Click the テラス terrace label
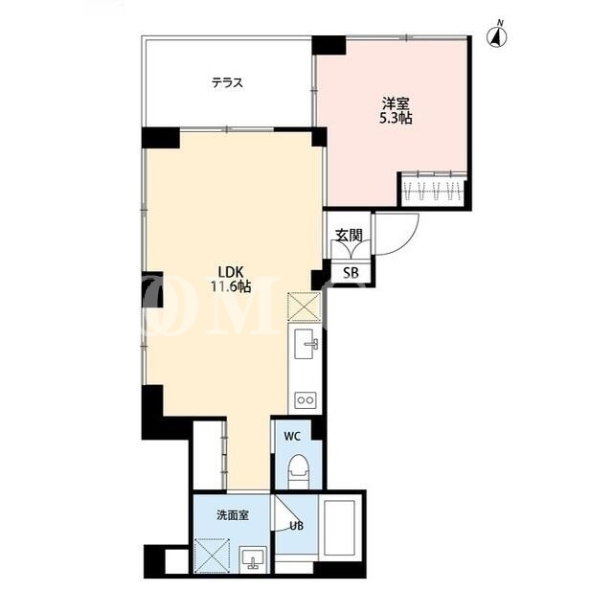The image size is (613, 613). click(227, 83)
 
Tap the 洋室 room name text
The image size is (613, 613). click(396, 104)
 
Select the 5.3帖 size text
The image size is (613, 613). click(396, 118)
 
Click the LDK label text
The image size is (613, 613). click(231, 272)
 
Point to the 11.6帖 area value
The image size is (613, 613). click(231, 286)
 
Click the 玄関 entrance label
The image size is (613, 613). click(349, 235)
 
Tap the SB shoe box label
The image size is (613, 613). click(351, 272)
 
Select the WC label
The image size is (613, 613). click(292, 437)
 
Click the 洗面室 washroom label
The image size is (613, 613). click(233, 515)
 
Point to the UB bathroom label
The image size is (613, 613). click(297, 526)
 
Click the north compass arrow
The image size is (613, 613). click(497, 34)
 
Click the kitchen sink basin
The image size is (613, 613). click(306, 344)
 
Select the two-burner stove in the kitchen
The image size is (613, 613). click(306, 399)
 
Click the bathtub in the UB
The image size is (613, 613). click(339, 527)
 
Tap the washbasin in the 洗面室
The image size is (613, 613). click(253, 559)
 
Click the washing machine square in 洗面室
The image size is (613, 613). click(212, 556)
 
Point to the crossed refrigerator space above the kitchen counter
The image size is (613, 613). click(304, 306)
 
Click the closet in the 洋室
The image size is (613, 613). click(433, 190)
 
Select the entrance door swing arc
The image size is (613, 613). click(406, 243)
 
